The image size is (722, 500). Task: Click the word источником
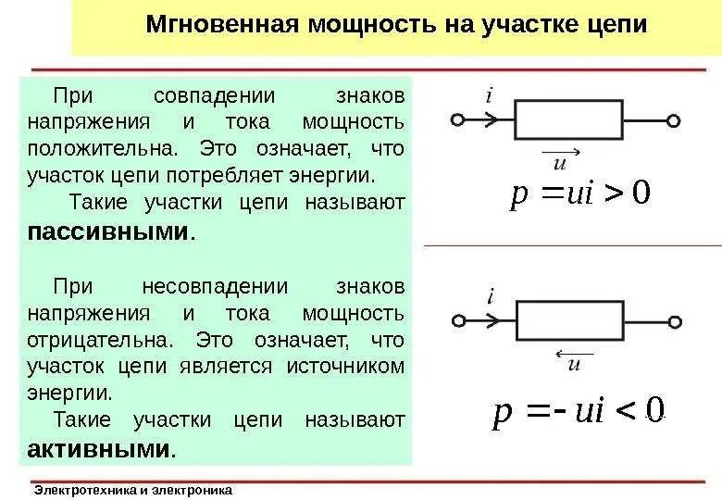tap(347, 366)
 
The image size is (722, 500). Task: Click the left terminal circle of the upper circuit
tap(456, 119)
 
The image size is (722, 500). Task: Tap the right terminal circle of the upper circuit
tap(674, 119)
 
